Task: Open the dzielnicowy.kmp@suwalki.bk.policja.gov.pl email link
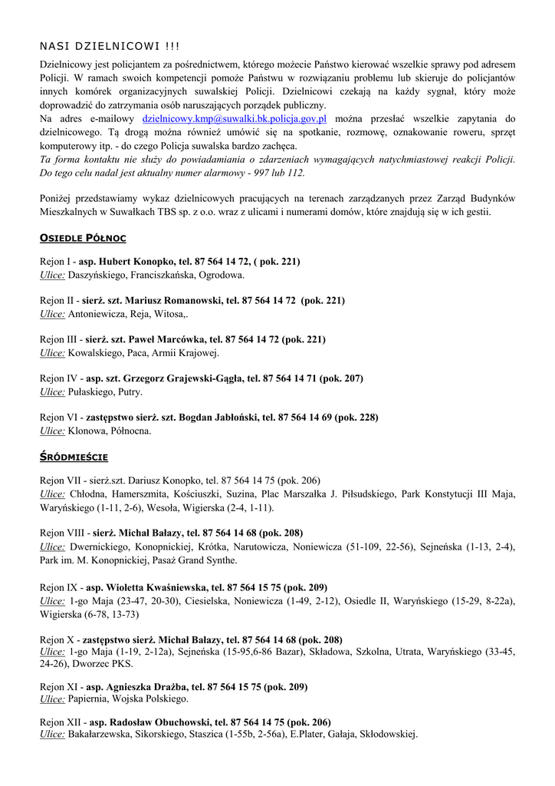(x=235, y=119)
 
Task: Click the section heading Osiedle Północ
(x=83, y=239)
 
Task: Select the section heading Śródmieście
(x=74, y=457)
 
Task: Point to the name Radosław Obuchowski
(x=159, y=722)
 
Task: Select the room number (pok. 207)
(x=341, y=378)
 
